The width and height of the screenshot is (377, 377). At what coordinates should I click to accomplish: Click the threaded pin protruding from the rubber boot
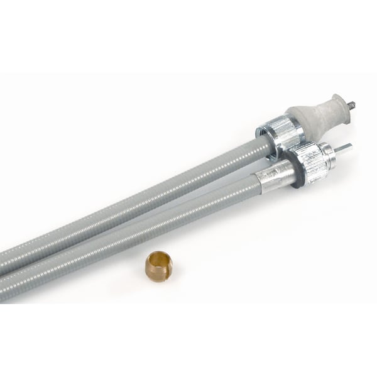point(351,104)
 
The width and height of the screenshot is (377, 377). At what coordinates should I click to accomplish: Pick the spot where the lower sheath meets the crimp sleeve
point(257,185)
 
